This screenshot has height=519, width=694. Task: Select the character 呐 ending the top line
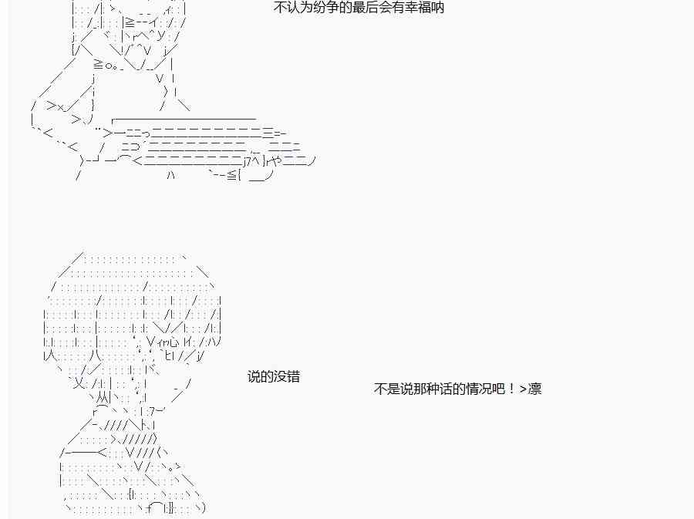(x=438, y=8)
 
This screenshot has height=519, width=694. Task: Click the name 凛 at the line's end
(x=534, y=389)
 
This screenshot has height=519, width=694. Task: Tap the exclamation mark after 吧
(x=512, y=389)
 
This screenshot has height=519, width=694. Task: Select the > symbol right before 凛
(x=523, y=389)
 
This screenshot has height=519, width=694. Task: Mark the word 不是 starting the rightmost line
(x=387, y=389)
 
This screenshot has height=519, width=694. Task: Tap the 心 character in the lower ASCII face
(x=173, y=342)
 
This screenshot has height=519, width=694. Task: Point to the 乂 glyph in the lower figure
(x=79, y=383)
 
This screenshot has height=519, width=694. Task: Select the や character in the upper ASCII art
(x=276, y=160)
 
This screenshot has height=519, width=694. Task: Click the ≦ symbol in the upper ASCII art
(x=232, y=175)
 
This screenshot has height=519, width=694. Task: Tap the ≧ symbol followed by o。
(x=99, y=65)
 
